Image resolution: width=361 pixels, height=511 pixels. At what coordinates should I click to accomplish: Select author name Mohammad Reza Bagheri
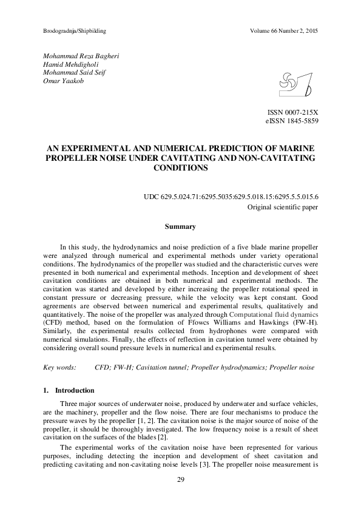click(81, 56)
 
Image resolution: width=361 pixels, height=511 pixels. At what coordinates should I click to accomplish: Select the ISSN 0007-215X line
click(293, 113)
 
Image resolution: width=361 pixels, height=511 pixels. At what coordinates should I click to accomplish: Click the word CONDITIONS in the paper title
click(180, 168)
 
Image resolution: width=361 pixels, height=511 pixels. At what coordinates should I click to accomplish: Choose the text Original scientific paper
click(282, 207)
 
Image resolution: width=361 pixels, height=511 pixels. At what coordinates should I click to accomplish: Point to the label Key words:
click(59, 368)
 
